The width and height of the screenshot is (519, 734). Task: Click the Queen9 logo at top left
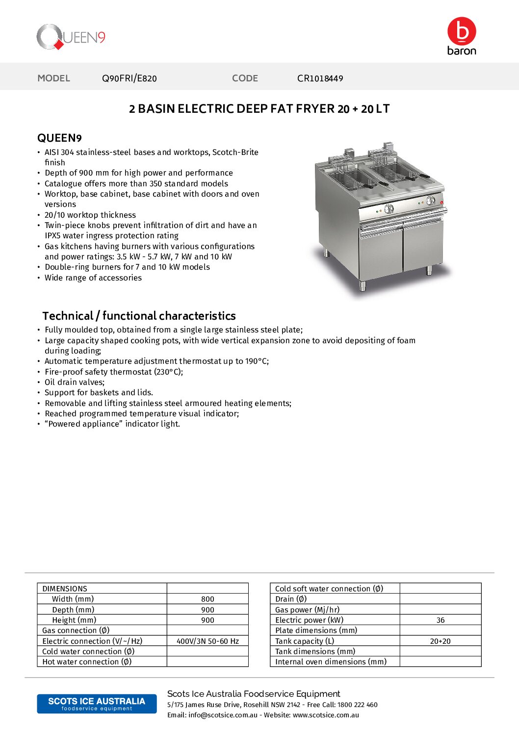[x=71, y=37]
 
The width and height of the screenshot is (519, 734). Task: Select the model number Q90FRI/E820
[x=130, y=78]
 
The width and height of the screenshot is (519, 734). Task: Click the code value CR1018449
[x=320, y=78]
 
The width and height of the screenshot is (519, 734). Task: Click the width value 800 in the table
[x=208, y=599]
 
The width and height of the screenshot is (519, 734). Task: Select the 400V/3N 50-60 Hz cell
[x=208, y=641]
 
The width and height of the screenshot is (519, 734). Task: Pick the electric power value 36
[x=441, y=620]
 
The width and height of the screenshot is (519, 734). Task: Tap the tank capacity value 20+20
[x=441, y=641]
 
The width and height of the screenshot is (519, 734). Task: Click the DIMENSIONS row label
[x=65, y=589]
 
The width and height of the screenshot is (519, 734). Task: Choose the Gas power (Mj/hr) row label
[x=307, y=610]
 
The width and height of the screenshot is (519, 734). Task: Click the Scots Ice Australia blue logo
[x=97, y=704]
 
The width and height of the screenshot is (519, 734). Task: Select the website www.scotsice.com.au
[x=326, y=715]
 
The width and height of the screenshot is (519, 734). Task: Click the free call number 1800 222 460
[x=358, y=705]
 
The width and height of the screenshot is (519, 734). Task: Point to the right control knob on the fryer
[x=431, y=201]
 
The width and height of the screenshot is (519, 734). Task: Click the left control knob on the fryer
[x=389, y=209]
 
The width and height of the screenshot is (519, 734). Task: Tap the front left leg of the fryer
[x=363, y=285]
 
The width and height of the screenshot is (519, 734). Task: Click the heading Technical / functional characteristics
[x=139, y=316]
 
